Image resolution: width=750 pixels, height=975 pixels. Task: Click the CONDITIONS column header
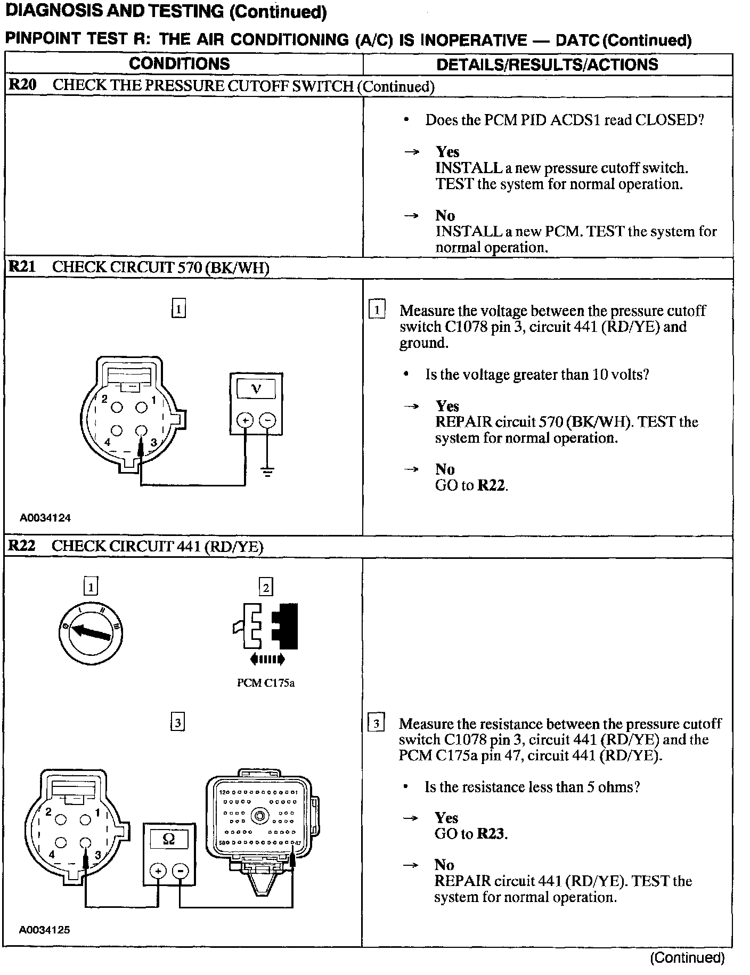tap(179, 64)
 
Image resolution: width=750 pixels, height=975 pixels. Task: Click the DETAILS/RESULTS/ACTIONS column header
tap(547, 64)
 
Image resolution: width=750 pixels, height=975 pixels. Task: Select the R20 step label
tap(22, 86)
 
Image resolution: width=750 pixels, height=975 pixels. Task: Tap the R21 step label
tap(22, 267)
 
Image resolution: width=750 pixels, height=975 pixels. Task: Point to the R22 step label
tap(22, 546)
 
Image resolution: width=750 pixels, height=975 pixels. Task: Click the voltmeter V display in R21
tap(256, 389)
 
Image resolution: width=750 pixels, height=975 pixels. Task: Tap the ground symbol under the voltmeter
tap(267, 471)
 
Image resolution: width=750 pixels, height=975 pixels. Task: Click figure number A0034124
tap(45, 517)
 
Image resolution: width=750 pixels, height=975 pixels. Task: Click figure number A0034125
tap(45, 930)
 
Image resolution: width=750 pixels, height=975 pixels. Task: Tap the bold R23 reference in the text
tap(491, 834)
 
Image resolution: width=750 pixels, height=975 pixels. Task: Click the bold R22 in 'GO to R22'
tap(491, 485)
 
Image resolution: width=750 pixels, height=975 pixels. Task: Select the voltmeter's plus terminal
tap(245, 420)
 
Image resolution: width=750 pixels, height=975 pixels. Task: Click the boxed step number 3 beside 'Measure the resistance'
tap(376, 724)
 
